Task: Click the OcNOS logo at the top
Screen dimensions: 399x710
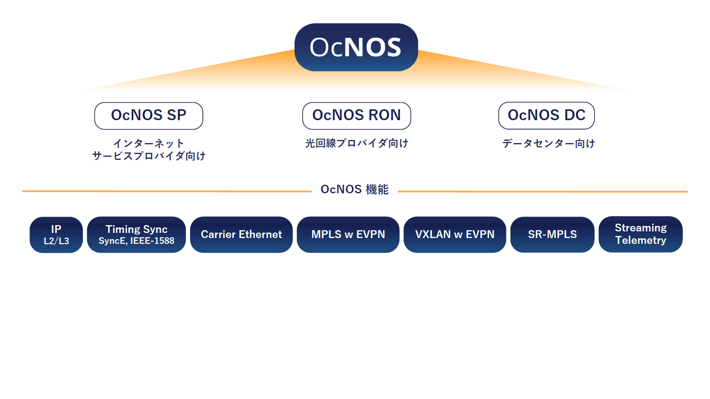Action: click(356, 47)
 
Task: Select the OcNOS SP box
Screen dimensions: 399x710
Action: click(148, 115)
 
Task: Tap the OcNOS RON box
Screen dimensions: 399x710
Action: click(356, 115)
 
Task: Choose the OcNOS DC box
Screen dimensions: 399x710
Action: click(546, 115)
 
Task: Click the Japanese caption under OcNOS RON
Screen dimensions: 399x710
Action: click(356, 143)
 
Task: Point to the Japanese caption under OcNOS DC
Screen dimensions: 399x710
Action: click(548, 143)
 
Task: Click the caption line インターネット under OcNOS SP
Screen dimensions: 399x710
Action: click(148, 143)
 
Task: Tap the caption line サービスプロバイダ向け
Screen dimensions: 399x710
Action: click(148, 156)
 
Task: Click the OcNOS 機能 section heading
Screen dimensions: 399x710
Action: click(354, 189)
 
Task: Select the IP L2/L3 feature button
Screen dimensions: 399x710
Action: click(56, 234)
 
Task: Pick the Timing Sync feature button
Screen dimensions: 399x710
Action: click(136, 234)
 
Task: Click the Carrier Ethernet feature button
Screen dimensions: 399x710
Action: click(241, 234)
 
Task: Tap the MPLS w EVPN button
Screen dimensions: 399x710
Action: click(348, 234)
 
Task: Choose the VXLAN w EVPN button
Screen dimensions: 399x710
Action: click(455, 234)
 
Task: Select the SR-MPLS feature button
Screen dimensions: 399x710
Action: click(552, 234)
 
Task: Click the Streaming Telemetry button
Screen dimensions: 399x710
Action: click(640, 234)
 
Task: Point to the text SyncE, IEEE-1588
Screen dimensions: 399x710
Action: click(136, 241)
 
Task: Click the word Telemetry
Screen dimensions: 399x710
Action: click(640, 240)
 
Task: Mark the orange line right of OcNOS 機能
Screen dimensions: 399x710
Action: click(543, 191)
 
